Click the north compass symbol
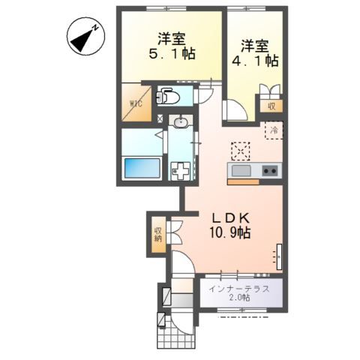[x=85, y=36]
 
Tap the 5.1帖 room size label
[x=172, y=53]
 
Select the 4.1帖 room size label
[x=255, y=61]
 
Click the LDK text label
[x=230, y=219]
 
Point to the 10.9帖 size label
[x=230, y=233]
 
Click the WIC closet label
[x=136, y=103]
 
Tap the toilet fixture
[x=167, y=96]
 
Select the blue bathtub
[x=142, y=168]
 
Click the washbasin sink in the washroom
[x=181, y=122]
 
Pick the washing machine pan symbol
[x=181, y=171]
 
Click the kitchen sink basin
[x=241, y=171]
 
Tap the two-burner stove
[x=269, y=171]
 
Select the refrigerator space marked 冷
[x=274, y=130]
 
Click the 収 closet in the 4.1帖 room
[x=271, y=106]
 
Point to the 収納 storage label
[x=158, y=234]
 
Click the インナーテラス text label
[x=239, y=289]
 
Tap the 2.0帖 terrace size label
[x=239, y=298]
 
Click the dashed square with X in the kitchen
[x=241, y=151]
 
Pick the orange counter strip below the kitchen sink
[x=243, y=182]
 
